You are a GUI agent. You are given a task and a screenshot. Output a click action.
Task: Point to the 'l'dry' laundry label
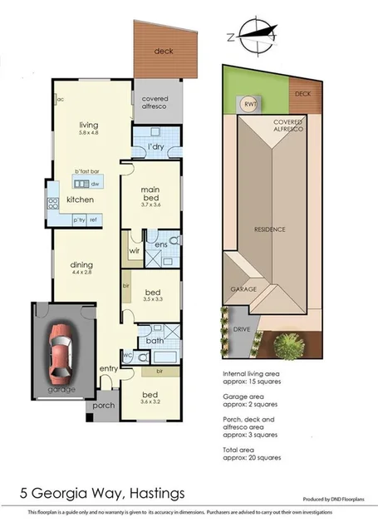(155, 147)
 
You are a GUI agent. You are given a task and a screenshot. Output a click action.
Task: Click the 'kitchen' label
(80, 200)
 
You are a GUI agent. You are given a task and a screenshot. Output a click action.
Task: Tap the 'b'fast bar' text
(86, 171)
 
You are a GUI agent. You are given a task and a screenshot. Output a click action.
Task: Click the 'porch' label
(104, 406)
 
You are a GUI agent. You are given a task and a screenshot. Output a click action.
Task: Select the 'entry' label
(109, 369)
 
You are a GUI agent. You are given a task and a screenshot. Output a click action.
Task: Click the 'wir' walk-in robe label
(134, 249)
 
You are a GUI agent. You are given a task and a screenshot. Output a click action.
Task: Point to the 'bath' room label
(155, 341)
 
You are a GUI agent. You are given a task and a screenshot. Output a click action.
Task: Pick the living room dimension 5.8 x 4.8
(88, 133)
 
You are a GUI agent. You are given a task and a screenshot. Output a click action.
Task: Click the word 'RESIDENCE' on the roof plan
(269, 229)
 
